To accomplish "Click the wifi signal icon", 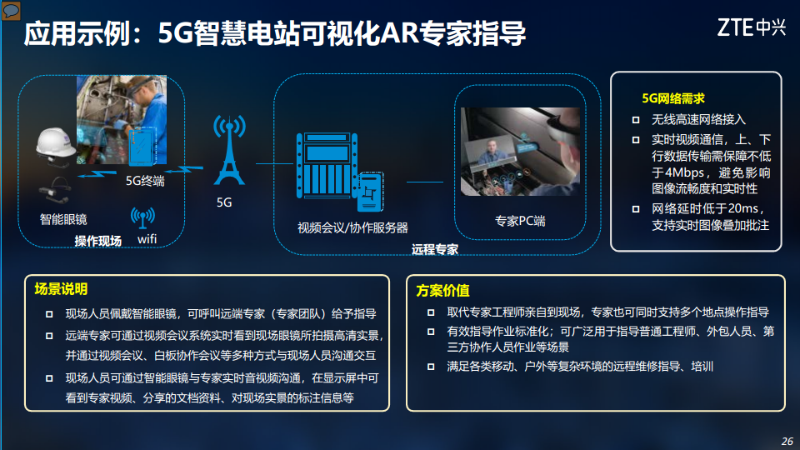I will point(142,217).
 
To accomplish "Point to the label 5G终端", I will point(144,181).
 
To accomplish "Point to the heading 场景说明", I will point(61,289).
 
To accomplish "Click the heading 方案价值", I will point(442,290).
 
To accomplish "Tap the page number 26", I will point(787,441).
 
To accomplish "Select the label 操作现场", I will point(98,242).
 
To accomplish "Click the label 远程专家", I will point(435,249).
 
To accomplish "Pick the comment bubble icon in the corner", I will point(12,11).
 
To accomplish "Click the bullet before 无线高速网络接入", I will point(635,120).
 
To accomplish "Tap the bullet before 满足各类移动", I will point(431,367).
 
